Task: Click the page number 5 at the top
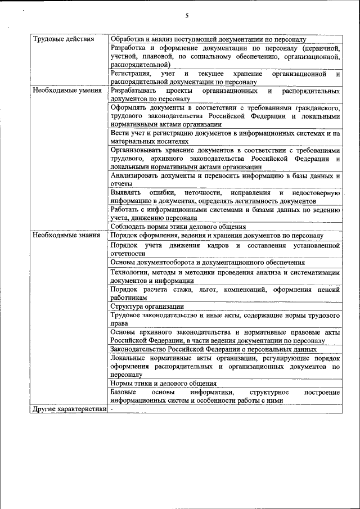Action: tap(186, 15)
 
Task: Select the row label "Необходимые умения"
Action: tap(67, 90)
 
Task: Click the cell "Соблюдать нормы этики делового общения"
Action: tap(178, 227)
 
